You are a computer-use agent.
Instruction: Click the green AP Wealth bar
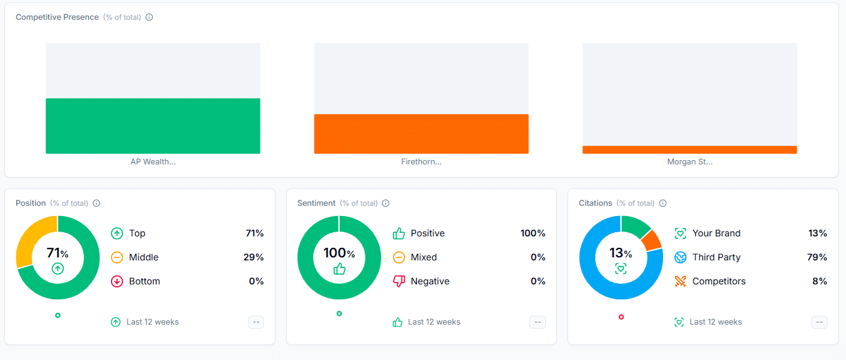click(152, 126)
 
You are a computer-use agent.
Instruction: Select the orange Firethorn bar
click(421, 134)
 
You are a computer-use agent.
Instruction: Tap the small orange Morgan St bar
click(689, 149)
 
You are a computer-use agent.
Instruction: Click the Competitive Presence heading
click(57, 17)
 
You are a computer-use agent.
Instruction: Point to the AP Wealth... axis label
click(153, 162)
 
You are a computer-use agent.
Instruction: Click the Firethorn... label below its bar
click(421, 162)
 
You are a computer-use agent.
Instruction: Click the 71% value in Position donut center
click(58, 253)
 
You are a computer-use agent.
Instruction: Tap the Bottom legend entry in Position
click(144, 281)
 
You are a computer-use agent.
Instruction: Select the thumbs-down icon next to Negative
click(399, 281)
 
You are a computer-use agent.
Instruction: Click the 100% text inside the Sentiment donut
click(339, 253)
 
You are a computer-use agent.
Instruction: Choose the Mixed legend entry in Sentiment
click(423, 257)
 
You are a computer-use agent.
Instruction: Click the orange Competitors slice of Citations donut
click(651, 240)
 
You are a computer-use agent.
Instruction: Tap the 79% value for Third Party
click(817, 257)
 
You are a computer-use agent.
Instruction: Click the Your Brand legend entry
click(716, 233)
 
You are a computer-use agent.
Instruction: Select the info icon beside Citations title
click(663, 203)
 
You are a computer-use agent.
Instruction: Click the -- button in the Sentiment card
click(538, 322)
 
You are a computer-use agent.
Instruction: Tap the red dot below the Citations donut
click(621, 317)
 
